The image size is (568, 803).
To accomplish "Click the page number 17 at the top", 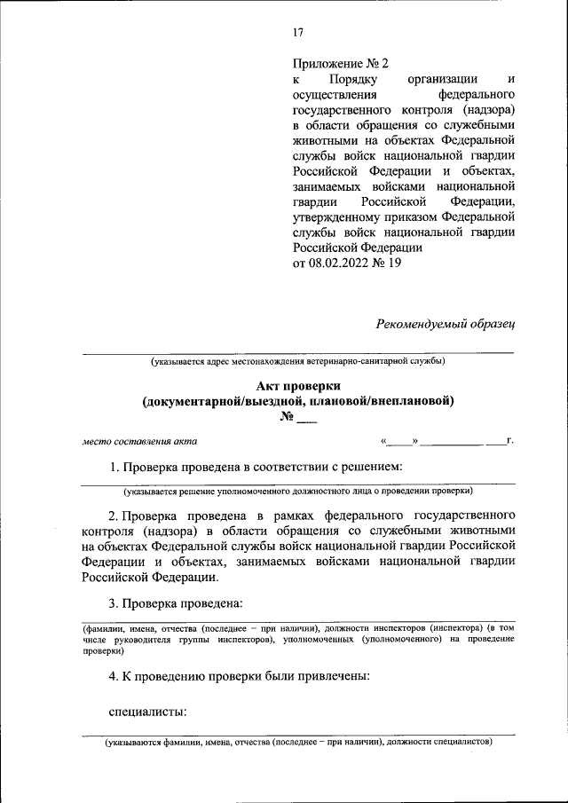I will point(298,33).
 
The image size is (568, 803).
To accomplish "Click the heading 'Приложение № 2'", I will point(341,63).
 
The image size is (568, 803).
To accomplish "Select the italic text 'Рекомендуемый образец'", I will point(446,323).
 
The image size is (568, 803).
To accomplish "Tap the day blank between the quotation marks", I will point(399,441).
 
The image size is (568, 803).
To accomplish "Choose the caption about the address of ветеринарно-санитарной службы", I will point(297,361).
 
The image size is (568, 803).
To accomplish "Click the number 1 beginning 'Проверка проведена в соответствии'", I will point(112,467).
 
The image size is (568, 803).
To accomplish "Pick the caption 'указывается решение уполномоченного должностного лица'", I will point(297,490).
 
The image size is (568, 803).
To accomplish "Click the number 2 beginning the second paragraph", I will point(112,515).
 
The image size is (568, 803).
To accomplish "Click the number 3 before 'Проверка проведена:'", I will point(112,603).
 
